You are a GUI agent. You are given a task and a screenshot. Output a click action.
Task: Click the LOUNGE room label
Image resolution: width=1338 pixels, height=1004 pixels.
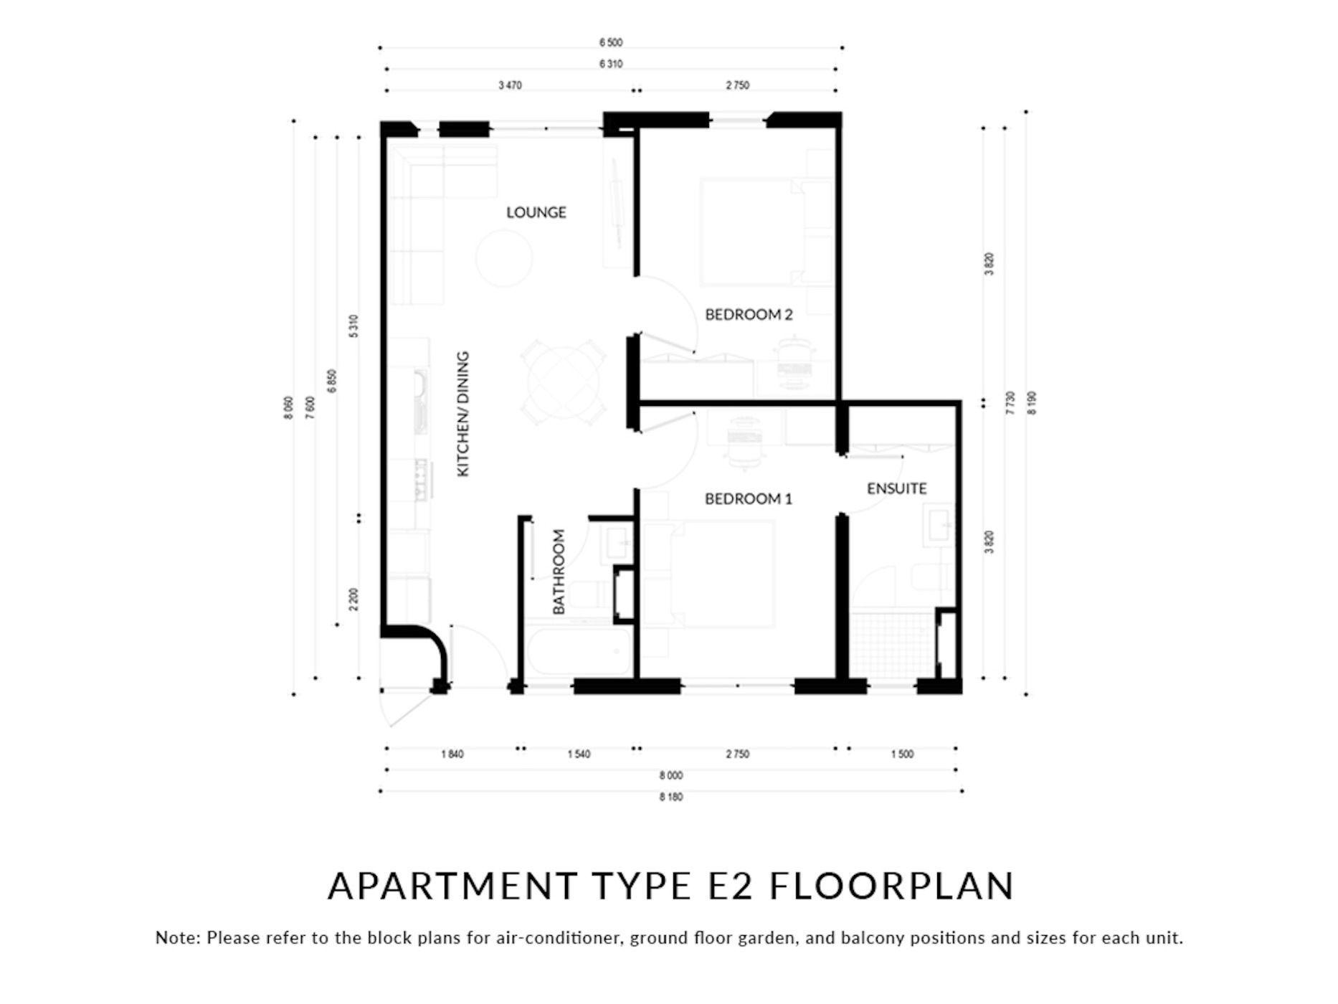coord(536,212)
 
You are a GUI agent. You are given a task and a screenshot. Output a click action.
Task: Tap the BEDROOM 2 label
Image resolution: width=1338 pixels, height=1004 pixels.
coord(749,314)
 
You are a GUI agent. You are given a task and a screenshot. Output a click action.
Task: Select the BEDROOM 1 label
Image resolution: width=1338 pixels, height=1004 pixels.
coord(749,498)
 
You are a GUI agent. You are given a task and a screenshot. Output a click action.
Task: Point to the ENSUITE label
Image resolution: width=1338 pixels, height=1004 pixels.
coord(897,488)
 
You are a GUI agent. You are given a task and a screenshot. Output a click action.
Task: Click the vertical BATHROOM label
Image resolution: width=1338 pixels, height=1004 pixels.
coord(559,572)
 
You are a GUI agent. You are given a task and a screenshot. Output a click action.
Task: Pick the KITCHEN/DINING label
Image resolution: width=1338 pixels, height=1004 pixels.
coord(463,414)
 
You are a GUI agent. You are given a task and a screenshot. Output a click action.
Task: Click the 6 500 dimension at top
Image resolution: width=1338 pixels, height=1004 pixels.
coord(611,43)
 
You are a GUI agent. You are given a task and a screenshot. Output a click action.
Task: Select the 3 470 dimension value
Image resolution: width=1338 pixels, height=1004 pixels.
coord(510,85)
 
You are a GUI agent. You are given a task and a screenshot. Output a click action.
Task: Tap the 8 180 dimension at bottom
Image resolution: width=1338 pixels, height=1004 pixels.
coord(671,797)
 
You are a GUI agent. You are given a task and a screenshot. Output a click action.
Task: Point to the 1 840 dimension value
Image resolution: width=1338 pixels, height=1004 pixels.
coord(452,754)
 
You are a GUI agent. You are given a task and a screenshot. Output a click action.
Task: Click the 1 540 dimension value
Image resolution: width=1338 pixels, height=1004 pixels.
coord(579,754)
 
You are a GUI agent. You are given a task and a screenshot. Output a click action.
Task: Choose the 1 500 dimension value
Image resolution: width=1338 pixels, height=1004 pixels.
coord(902,754)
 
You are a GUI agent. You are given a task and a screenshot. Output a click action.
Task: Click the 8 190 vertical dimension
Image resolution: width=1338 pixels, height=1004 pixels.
coord(1033,403)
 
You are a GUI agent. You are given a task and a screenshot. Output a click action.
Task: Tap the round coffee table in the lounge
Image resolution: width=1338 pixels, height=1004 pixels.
coord(505,257)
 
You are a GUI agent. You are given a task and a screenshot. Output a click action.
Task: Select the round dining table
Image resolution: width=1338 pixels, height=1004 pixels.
coord(564,382)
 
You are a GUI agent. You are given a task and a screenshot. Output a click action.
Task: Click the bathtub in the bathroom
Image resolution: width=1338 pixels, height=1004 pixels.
coord(579,650)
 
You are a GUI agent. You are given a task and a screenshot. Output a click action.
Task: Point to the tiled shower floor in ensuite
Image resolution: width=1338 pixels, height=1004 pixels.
coord(893,645)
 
